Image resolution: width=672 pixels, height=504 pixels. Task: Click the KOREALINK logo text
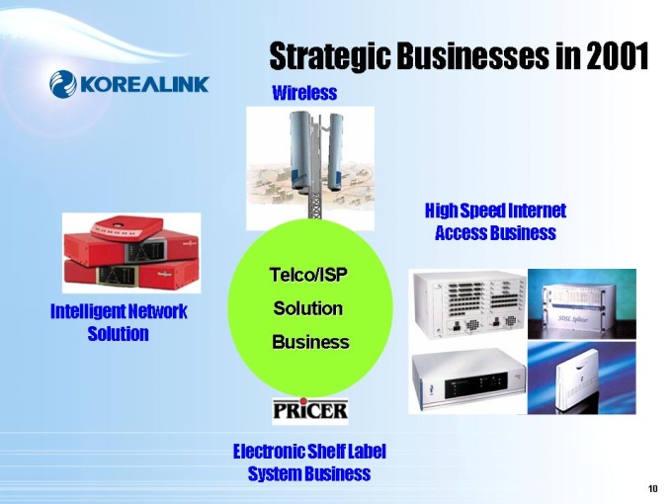click(144, 84)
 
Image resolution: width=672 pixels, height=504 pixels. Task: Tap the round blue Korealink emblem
click(63, 84)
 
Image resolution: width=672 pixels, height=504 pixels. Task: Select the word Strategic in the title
click(330, 57)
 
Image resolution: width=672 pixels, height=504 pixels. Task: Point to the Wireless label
click(304, 93)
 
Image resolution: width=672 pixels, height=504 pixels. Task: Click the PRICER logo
click(310, 411)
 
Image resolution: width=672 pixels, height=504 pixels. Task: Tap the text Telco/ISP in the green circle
click(308, 275)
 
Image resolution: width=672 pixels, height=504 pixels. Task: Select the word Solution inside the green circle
click(308, 308)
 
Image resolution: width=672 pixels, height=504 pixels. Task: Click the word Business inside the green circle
click(310, 343)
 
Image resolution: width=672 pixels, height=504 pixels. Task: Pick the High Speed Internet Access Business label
click(495, 221)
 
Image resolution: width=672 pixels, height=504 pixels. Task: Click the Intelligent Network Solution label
click(119, 322)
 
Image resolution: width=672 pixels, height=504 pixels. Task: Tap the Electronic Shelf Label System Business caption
click(309, 462)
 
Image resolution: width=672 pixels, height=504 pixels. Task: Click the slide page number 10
click(652, 488)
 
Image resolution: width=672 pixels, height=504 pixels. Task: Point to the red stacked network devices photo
click(131, 253)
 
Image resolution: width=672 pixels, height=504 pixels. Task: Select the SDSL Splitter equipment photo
click(581, 304)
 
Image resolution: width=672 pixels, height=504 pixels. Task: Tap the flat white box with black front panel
click(468, 378)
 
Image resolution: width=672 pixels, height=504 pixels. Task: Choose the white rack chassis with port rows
click(469, 303)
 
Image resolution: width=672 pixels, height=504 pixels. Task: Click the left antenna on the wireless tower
click(300, 150)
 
